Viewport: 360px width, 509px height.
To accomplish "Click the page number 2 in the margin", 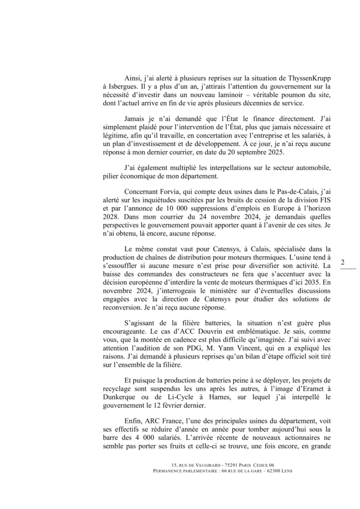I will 343,262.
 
